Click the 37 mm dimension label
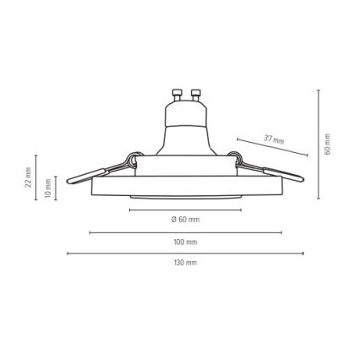(x=274, y=139)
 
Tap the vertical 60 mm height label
(x=327, y=144)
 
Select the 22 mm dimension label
(x=28, y=177)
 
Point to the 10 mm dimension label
(x=48, y=188)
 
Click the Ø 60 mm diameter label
(x=185, y=220)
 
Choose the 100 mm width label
(x=185, y=242)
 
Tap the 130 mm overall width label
(x=185, y=263)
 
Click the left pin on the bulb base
(x=177, y=95)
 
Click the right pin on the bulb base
(x=195, y=95)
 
